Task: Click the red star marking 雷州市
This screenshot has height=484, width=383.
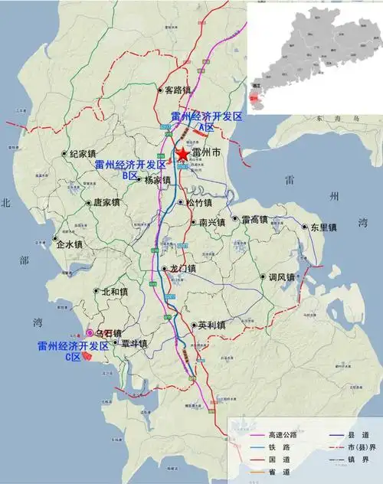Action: click(x=182, y=155)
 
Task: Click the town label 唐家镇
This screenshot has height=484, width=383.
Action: click(x=106, y=203)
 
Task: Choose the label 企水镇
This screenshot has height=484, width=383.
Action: click(x=69, y=245)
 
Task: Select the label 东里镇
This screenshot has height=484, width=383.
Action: click(x=322, y=227)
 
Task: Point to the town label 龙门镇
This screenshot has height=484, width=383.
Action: click(x=183, y=269)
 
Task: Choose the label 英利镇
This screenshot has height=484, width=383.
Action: click(x=211, y=325)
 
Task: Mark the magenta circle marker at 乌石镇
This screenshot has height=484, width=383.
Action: click(x=90, y=333)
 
